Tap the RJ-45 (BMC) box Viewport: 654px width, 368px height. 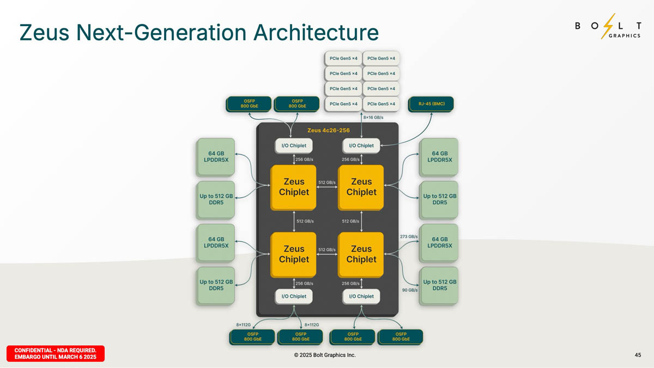point(430,104)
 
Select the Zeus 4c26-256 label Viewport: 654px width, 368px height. point(329,130)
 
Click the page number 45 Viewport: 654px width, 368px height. point(638,355)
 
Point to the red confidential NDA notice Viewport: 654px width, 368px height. point(55,353)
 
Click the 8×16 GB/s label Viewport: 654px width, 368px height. point(373,117)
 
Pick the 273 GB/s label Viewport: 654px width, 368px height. point(409,237)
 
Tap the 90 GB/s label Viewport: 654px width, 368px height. point(410,290)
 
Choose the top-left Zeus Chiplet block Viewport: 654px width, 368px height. point(294,186)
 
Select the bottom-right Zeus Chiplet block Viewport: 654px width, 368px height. point(361,254)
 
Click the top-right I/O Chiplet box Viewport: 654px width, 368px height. point(361,146)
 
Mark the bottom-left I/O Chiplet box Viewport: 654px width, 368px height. point(294,296)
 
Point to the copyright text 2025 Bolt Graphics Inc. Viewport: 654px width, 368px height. point(324,355)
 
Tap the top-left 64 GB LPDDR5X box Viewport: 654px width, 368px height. point(216,156)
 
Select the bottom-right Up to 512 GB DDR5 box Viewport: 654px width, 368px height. point(439,285)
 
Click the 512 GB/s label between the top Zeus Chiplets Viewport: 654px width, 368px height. point(327,182)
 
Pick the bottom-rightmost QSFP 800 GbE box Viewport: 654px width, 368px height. point(401,336)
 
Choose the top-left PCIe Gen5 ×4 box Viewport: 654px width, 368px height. point(343,58)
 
